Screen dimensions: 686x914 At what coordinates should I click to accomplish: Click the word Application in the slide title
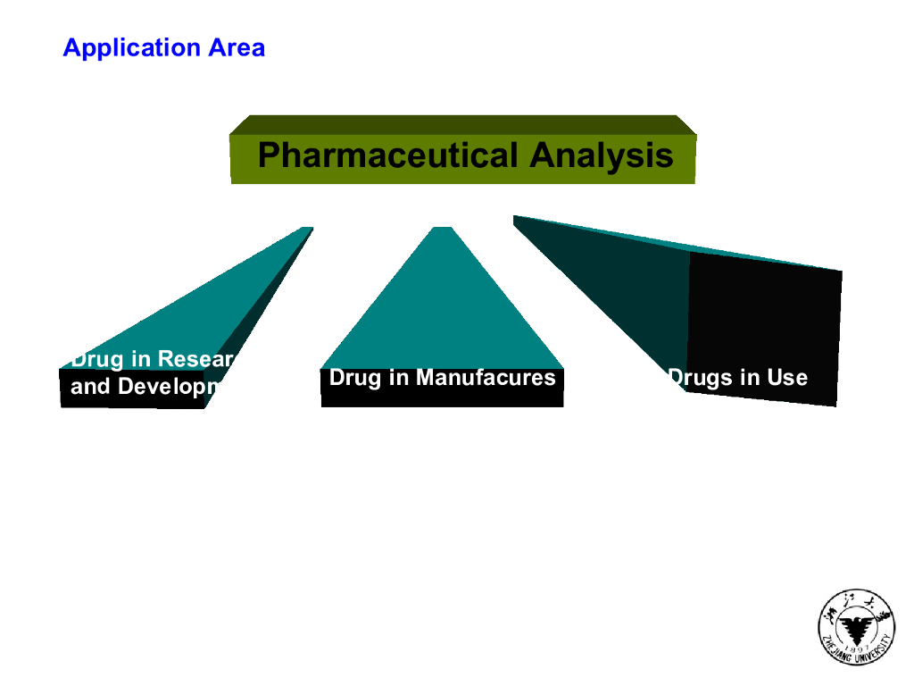click(132, 47)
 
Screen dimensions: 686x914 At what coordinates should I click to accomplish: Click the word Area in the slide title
click(237, 47)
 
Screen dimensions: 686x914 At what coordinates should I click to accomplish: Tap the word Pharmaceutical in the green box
click(387, 155)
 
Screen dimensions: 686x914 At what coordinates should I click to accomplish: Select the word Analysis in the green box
click(601, 155)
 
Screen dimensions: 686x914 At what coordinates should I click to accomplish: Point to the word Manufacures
click(486, 378)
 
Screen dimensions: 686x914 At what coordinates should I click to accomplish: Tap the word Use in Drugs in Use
click(786, 378)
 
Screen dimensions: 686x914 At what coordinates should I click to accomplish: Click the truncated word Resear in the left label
click(195, 359)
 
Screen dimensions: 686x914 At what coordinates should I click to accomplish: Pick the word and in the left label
click(91, 388)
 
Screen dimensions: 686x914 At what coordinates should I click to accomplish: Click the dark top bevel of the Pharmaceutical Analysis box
click(462, 124)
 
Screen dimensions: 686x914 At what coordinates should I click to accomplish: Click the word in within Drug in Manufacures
click(399, 378)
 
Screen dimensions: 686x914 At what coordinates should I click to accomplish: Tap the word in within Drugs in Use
click(748, 378)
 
